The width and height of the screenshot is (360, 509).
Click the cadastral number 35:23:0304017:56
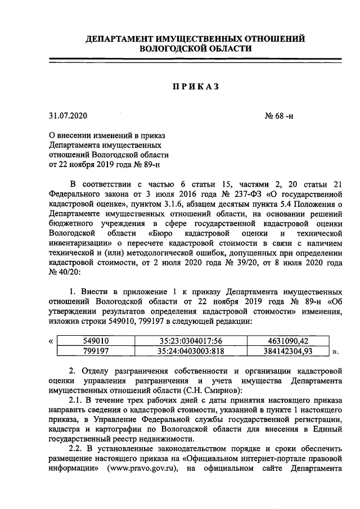click(x=191, y=341)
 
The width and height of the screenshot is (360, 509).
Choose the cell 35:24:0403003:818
click(x=191, y=351)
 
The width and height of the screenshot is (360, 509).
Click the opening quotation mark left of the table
click(x=52, y=341)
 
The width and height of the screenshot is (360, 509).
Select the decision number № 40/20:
click(x=65, y=272)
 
